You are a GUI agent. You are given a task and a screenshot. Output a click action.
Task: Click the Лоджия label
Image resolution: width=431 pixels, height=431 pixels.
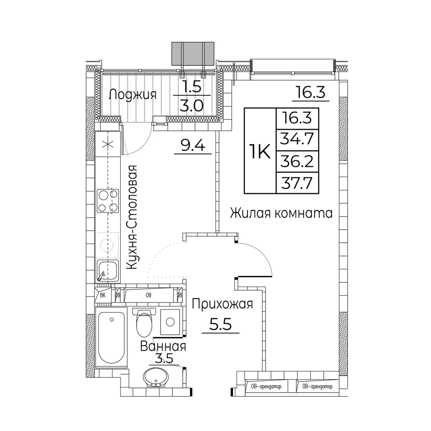pyautogui.click(x=133, y=95)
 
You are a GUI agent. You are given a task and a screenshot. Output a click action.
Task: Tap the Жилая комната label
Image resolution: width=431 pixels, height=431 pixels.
pyautogui.click(x=281, y=213)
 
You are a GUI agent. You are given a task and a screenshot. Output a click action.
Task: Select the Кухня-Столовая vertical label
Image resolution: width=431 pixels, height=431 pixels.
pyautogui.click(x=131, y=217)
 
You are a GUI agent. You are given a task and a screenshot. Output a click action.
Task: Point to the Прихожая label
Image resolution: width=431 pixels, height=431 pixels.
pyautogui.click(x=222, y=305)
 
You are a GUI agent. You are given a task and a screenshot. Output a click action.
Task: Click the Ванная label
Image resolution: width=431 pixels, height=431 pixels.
pyautogui.click(x=163, y=347)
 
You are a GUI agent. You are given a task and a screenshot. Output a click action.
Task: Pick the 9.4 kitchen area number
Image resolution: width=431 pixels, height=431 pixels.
pyautogui.click(x=193, y=145)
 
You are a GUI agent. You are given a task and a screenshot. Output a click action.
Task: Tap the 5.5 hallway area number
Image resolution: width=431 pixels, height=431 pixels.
pyautogui.click(x=220, y=325)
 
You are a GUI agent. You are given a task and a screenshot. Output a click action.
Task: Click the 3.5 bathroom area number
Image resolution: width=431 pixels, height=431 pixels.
pyautogui.click(x=164, y=359)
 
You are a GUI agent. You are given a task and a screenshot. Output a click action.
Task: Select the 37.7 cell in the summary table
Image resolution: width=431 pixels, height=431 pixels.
pyautogui.click(x=297, y=183)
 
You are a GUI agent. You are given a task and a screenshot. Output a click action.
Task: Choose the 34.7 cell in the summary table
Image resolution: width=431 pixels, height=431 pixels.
pyautogui.click(x=297, y=140)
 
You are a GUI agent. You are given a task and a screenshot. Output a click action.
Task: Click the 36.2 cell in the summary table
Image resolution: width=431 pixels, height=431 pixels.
pyautogui.click(x=297, y=161)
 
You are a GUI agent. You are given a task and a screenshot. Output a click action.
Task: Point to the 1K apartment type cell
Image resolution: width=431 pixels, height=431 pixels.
pyautogui.click(x=260, y=151)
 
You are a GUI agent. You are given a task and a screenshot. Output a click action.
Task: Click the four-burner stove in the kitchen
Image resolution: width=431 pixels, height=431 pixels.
pyautogui.click(x=108, y=201)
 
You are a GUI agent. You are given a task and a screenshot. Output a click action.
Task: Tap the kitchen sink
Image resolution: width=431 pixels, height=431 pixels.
pyautogui.click(x=107, y=271)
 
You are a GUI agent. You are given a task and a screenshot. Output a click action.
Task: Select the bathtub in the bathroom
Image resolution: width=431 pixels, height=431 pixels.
pyautogui.click(x=111, y=337)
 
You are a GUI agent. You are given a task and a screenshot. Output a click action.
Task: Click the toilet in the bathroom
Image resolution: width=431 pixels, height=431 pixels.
pyautogui.click(x=144, y=323)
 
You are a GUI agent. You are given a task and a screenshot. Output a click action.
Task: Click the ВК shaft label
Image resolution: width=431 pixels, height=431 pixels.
pyautogui.click(x=103, y=296)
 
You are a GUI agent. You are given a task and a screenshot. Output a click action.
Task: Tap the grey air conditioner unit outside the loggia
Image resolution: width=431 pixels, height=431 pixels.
pyautogui.click(x=193, y=53)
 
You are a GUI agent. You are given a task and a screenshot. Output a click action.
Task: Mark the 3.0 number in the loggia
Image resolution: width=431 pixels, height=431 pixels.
pyautogui.click(x=192, y=105)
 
